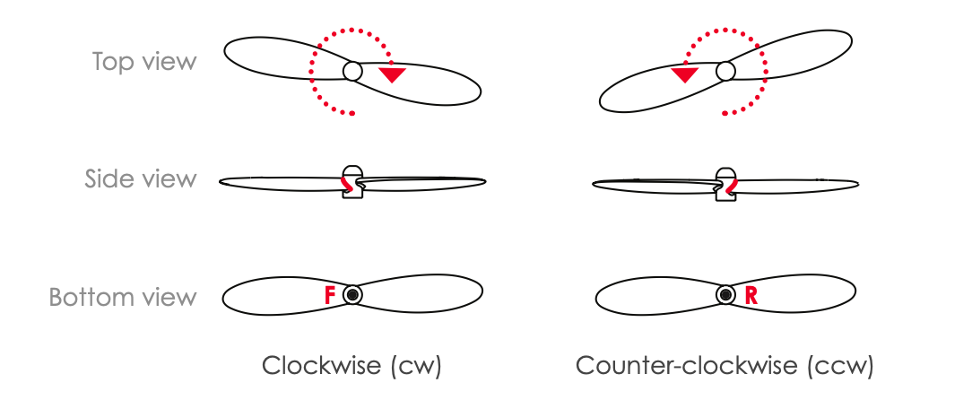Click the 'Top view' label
click(143, 62)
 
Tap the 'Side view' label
click(140, 178)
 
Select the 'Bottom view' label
click(123, 297)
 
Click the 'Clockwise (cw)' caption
click(351, 366)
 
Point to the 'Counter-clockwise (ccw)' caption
click(724, 366)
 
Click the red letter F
click(330, 295)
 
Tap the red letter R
click(751, 295)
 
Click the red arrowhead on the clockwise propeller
click(392, 74)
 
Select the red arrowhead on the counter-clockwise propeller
click(685, 74)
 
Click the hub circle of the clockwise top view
click(352, 71)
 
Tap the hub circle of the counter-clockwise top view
click(726, 71)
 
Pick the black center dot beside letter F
click(353, 294)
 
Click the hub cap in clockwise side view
click(353, 171)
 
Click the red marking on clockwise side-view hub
click(345, 184)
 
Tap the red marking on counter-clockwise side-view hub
click(733, 185)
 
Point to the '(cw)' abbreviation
click(416, 366)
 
